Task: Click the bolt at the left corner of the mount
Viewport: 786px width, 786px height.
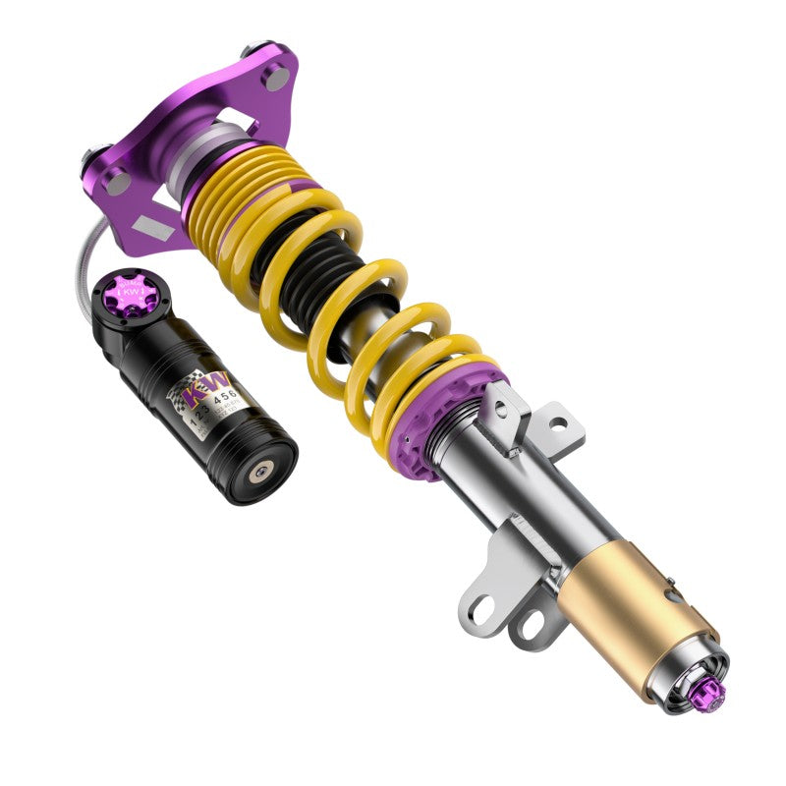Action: [90, 157]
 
